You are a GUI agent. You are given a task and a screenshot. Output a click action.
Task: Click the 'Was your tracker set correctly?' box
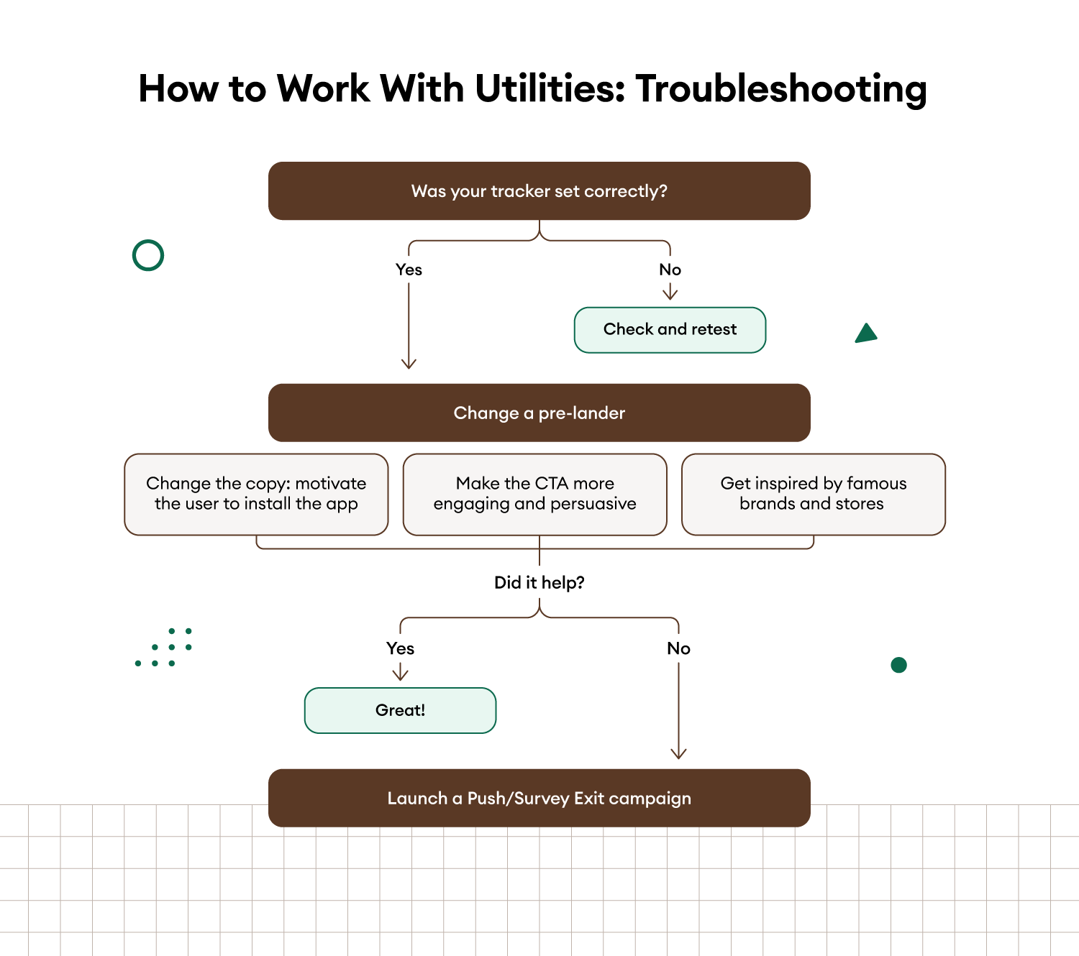pyautogui.click(x=539, y=190)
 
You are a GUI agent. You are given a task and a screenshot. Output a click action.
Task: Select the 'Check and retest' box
pyautogui.click(x=670, y=329)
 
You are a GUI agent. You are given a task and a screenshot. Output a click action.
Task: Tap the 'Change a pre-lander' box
pyautogui.click(x=539, y=413)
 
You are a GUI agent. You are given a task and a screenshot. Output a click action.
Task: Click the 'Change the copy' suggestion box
pyautogui.click(x=256, y=494)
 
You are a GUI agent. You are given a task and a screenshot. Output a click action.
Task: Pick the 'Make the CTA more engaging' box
pyautogui.click(x=534, y=494)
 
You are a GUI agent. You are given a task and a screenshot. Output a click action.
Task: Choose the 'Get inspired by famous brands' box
pyautogui.click(x=814, y=494)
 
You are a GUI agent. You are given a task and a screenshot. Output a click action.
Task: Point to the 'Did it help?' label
pyautogui.click(x=539, y=582)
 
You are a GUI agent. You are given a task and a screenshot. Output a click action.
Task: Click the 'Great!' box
pyautogui.click(x=400, y=710)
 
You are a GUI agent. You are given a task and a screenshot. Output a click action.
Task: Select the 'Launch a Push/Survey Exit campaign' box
pyautogui.click(x=539, y=798)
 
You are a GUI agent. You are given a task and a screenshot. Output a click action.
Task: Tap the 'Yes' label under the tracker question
pyautogui.click(x=409, y=270)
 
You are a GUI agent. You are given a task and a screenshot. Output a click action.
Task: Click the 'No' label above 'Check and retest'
pyautogui.click(x=670, y=270)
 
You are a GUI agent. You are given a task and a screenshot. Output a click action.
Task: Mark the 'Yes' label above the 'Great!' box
pyautogui.click(x=400, y=648)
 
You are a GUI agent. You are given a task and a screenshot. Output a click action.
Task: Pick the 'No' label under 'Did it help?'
pyautogui.click(x=678, y=648)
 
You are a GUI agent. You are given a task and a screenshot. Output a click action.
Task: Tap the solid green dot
pyautogui.click(x=898, y=665)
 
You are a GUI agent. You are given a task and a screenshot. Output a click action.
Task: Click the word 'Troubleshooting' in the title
pyautogui.click(x=781, y=89)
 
